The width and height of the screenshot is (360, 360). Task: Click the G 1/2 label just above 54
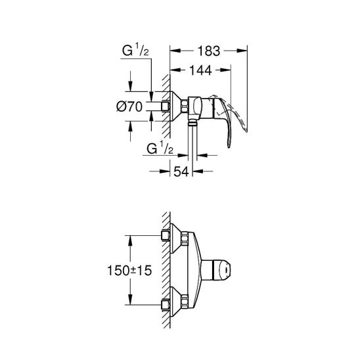(159, 148)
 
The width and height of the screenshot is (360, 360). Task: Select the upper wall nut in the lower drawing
(167, 235)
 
